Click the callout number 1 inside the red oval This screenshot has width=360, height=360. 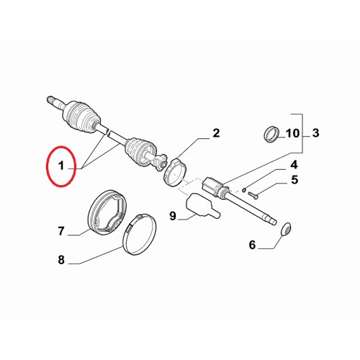point(61,166)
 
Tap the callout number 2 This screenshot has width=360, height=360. point(216,133)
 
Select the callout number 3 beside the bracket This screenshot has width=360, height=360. point(315,133)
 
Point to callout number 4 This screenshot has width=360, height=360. point(294,165)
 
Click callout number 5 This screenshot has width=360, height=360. point(294,180)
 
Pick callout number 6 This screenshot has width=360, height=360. point(252,245)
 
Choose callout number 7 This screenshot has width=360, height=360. point(61,231)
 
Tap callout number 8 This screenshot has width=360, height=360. point(61,260)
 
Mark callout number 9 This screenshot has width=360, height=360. point(173,216)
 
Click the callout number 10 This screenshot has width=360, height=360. point(292,133)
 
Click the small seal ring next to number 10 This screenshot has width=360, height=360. point(272,134)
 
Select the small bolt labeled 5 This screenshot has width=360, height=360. point(253,195)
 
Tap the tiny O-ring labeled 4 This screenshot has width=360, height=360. point(244,190)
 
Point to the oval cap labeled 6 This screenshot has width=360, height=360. point(286,229)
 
